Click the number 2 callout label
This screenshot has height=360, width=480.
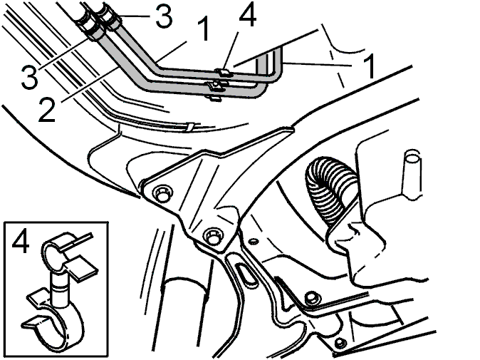(x=47, y=110)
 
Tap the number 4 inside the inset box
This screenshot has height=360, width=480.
(x=21, y=241)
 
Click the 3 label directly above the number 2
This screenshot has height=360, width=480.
(x=30, y=76)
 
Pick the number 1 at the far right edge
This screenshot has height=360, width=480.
(x=370, y=66)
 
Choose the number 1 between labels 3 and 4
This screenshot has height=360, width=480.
(x=204, y=29)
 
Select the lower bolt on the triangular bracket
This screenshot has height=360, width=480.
(x=214, y=236)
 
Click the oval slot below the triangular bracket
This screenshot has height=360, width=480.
(x=246, y=273)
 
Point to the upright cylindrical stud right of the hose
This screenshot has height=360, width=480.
(x=412, y=175)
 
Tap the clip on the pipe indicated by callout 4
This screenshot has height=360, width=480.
(x=224, y=73)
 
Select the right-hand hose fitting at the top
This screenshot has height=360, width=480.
(x=111, y=16)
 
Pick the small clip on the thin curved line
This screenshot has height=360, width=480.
(x=190, y=128)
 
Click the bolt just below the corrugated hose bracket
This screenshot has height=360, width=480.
(x=312, y=299)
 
